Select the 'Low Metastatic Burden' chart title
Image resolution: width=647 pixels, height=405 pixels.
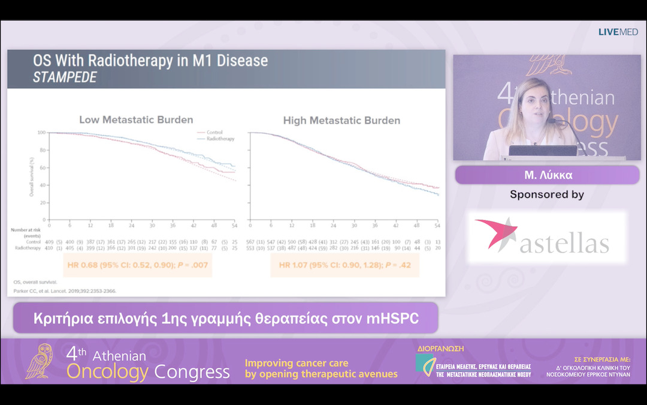tap(136, 120)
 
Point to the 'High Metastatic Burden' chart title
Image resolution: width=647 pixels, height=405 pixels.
tap(341, 121)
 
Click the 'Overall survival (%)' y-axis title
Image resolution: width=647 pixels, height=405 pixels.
tap(31, 176)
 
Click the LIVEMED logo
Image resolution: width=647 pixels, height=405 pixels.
tap(618, 32)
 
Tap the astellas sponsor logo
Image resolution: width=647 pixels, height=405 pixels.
tap(546, 236)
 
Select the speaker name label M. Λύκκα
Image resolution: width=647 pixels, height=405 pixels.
tap(547, 175)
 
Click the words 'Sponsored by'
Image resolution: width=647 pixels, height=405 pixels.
tap(546, 194)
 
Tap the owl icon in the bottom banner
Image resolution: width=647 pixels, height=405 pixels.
tap(43, 361)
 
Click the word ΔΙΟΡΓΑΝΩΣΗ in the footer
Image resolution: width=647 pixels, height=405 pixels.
tap(440, 348)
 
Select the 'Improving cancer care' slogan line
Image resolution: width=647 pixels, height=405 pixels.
tap(296, 363)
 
